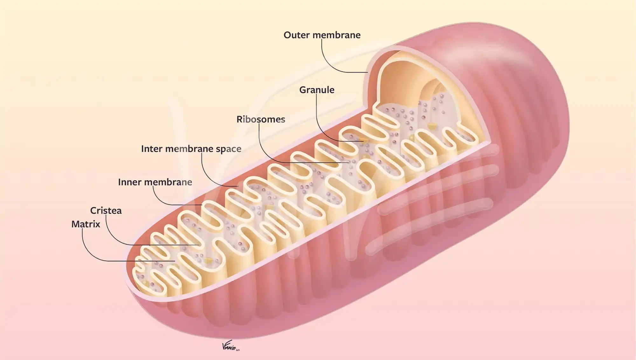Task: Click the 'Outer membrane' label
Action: click(x=322, y=35)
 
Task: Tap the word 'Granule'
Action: click(x=317, y=90)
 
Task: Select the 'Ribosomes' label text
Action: click(x=261, y=119)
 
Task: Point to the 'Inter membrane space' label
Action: click(x=191, y=149)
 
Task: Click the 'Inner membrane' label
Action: click(x=155, y=182)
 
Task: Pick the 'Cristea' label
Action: click(x=106, y=211)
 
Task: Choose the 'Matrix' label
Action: click(x=86, y=224)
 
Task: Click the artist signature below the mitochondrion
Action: click(x=230, y=347)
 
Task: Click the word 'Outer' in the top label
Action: click(x=296, y=35)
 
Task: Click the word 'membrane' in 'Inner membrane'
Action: click(x=168, y=182)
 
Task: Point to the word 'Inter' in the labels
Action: click(x=152, y=149)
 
